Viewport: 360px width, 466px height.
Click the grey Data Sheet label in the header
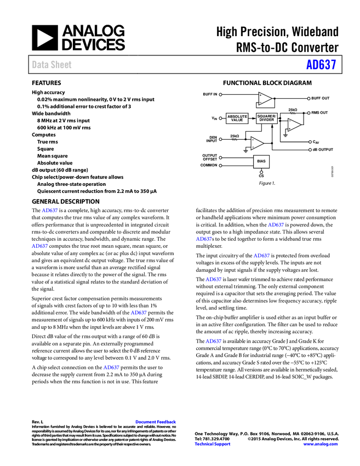point(52,65)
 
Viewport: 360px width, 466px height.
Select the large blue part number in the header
point(321,65)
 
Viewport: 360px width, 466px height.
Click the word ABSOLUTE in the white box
point(237,116)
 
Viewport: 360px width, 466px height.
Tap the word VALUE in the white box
point(237,120)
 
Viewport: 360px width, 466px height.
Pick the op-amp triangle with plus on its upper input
point(265,99)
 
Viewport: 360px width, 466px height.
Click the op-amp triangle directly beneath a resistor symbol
point(294,125)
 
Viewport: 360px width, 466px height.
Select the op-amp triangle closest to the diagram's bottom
point(256,143)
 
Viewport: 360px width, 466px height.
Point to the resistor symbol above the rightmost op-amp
point(293,113)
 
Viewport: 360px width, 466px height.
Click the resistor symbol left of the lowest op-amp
point(235,140)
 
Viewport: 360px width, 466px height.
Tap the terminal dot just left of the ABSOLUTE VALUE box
point(220,118)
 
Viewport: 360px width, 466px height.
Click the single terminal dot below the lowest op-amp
point(261,172)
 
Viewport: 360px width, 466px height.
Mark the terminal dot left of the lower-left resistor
point(220,139)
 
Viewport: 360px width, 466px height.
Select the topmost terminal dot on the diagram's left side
point(220,94)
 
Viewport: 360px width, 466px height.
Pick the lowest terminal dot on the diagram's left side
point(220,166)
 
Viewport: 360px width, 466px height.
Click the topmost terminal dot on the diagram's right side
point(308,99)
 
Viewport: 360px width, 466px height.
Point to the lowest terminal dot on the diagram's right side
point(310,150)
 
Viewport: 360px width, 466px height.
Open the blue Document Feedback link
point(156,422)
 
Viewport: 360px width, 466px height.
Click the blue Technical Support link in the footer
point(213,444)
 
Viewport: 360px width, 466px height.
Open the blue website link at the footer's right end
point(321,444)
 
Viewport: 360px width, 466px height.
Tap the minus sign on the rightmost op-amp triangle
point(290,121)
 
